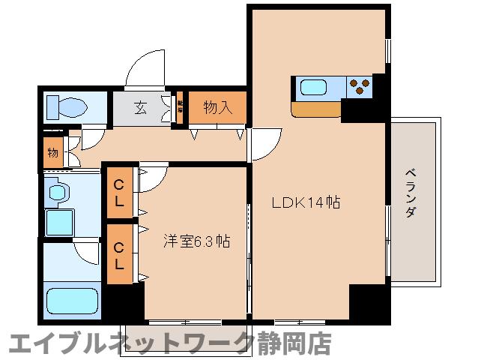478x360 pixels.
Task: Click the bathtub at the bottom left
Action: (73, 301)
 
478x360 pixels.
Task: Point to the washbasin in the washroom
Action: (58, 193)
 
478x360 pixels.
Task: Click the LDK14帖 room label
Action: (306, 202)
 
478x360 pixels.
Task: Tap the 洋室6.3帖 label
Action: (196, 241)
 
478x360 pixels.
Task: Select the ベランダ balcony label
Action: (411, 193)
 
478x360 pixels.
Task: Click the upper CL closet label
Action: (119, 193)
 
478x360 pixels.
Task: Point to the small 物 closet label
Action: (53, 153)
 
